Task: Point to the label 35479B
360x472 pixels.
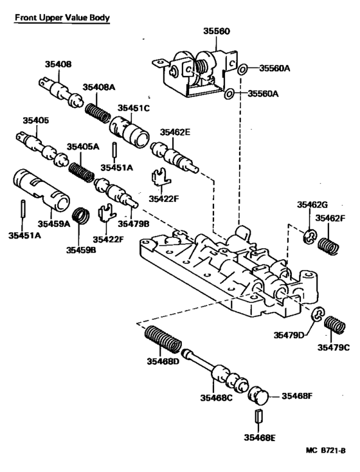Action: point(133,222)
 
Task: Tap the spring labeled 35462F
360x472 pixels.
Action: point(329,245)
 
